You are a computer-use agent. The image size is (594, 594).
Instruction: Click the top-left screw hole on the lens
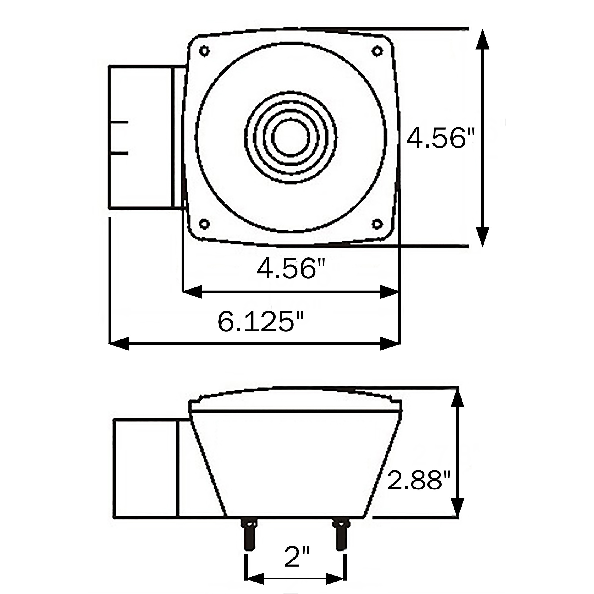click(204, 51)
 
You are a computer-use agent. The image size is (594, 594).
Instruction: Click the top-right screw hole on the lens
click(377, 51)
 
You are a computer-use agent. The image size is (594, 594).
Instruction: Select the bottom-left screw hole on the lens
click(204, 224)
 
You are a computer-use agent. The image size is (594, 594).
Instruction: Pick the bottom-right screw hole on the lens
click(377, 224)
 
